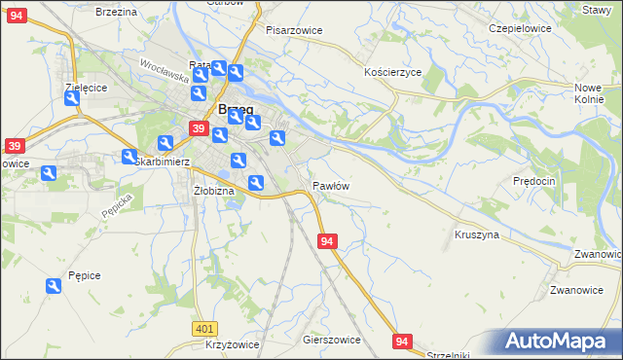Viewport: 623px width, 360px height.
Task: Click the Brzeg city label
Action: [x=238, y=109]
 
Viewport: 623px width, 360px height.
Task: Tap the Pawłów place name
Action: [x=331, y=185]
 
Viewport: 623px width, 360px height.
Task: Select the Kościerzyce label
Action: [x=392, y=72]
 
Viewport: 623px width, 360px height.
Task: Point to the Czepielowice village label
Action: [x=520, y=28]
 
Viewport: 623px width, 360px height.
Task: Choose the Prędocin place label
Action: [x=534, y=181]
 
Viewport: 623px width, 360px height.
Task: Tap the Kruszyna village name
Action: [x=477, y=234]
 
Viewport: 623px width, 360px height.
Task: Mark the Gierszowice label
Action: [x=332, y=341]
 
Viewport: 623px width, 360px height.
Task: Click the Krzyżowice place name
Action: [x=232, y=345]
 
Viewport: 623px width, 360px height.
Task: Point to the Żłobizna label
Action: [x=214, y=191]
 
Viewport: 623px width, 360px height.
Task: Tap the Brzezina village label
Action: [x=117, y=11]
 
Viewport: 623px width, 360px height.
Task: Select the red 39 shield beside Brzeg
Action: [x=198, y=128]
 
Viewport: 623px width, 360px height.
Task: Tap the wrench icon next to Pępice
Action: [x=54, y=286]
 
